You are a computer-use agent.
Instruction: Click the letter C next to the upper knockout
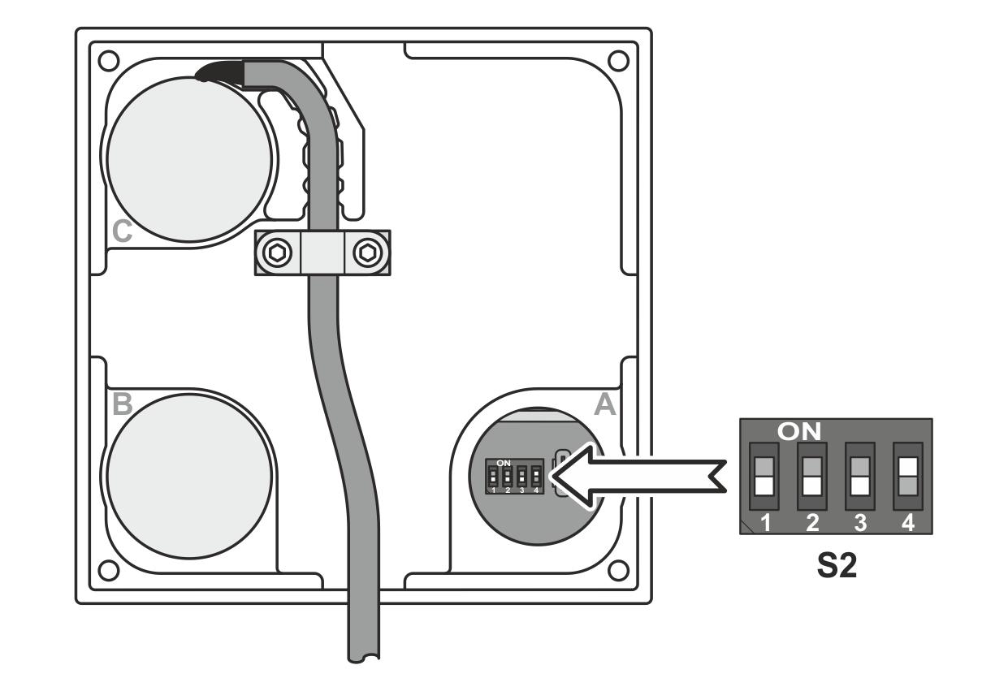pyautogui.click(x=122, y=231)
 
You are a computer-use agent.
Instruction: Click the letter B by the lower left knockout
pyautogui.click(x=123, y=404)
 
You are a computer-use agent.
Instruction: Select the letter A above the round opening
pyautogui.click(x=604, y=405)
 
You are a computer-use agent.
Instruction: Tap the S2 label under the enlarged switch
pyautogui.click(x=837, y=566)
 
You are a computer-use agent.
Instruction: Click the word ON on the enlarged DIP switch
pyautogui.click(x=798, y=431)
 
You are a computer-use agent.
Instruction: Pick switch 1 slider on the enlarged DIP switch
pyautogui.click(x=764, y=477)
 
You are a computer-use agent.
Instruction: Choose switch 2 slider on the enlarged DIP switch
pyautogui.click(x=811, y=477)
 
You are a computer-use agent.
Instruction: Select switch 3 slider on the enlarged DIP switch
pyautogui.click(x=860, y=477)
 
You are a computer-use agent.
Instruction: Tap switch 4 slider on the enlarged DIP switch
pyautogui.click(x=908, y=477)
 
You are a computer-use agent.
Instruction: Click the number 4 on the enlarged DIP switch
pyautogui.click(x=908, y=523)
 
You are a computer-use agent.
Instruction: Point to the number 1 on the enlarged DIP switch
pyautogui.click(x=765, y=523)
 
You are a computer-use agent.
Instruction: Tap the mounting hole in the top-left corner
pyautogui.click(x=109, y=61)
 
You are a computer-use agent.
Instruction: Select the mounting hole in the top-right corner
pyautogui.click(x=618, y=61)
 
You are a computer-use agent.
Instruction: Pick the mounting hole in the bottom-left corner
pyautogui.click(x=109, y=571)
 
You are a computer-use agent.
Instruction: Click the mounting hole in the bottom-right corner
pyautogui.click(x=618, y=571)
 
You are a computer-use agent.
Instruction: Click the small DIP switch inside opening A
pyautogui.click(x=514, y=477)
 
